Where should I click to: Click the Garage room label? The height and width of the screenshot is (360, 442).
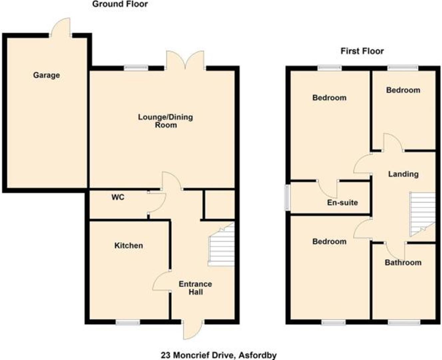[46, 75]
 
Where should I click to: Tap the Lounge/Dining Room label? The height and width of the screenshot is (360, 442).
[166, 121]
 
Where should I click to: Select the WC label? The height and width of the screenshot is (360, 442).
[118, 197]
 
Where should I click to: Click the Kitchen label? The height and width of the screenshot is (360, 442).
[129, 246]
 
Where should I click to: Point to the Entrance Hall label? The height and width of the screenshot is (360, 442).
[195, 288]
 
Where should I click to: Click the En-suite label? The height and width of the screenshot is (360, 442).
[342, 202]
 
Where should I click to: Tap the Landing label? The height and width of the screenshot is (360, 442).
[403, 174]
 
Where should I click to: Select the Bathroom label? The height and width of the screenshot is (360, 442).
[403, 263]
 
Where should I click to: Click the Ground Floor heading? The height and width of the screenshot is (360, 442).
[120, 4]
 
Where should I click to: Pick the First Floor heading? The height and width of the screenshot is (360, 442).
[362, 51]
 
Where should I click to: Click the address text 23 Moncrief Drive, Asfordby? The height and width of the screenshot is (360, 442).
[219, 355]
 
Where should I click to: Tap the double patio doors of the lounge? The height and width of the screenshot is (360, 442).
[185, 60]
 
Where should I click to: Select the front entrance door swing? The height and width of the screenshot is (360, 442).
[192, 330]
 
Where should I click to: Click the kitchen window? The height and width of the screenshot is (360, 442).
[128, 322]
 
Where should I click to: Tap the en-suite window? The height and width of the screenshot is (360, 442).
[287, 198]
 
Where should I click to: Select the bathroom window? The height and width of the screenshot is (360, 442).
[404, 322]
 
